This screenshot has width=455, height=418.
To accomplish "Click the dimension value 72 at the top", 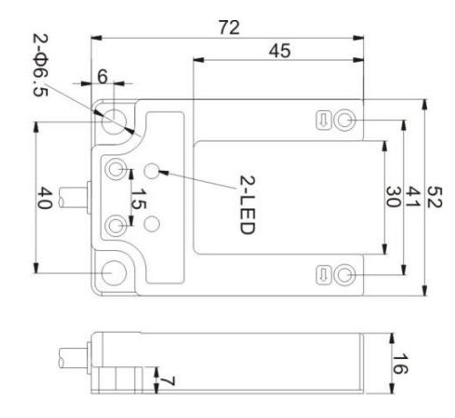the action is coord(229,27).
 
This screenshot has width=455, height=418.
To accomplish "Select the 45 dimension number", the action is coord(280,51).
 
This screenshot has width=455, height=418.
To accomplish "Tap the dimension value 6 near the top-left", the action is coord(103,76).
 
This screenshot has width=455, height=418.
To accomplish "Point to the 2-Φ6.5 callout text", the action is coord(41,65).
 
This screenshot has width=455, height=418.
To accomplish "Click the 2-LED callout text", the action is coord(248,204).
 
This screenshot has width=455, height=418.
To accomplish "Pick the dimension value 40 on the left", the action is coord(45,198).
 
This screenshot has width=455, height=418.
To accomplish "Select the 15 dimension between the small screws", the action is coord(138,199).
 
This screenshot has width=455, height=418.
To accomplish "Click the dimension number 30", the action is coord(393,197).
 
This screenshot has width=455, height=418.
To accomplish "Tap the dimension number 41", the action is coord(412,197).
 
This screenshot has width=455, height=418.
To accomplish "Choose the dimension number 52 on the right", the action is coord(435,197).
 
